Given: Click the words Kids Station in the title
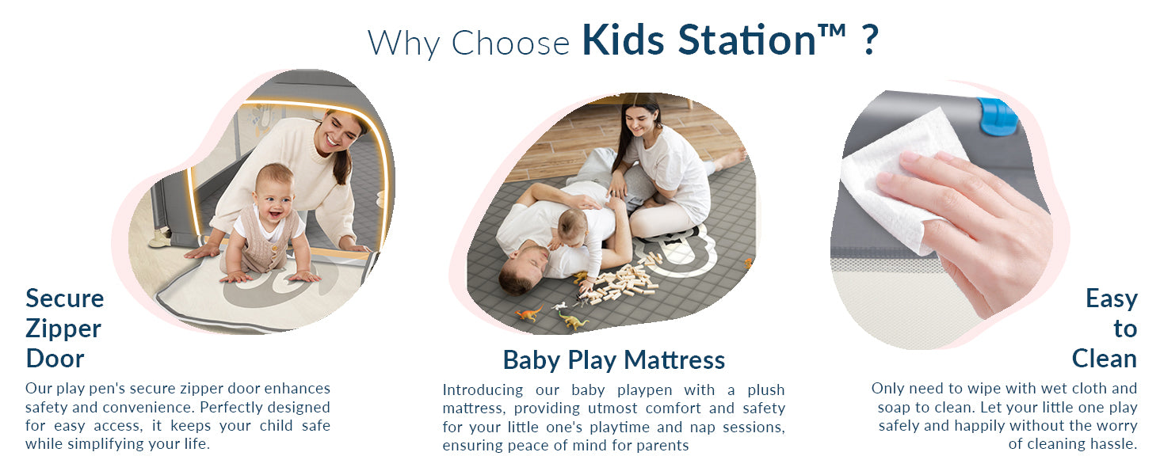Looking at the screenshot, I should click(x=699, y=41).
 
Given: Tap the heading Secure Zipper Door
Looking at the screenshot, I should click(x=64, y=328).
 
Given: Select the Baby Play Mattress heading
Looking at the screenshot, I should click(x=613, y=360).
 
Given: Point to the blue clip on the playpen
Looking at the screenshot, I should click(x=996, y=116).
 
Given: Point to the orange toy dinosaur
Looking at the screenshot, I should click(x=528, y=313).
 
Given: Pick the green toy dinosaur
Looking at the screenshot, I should click(x=572, y=321).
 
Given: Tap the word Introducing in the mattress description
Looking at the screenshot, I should click(x=483, y=389).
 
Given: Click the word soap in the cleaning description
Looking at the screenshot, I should click(x=893, y=407).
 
